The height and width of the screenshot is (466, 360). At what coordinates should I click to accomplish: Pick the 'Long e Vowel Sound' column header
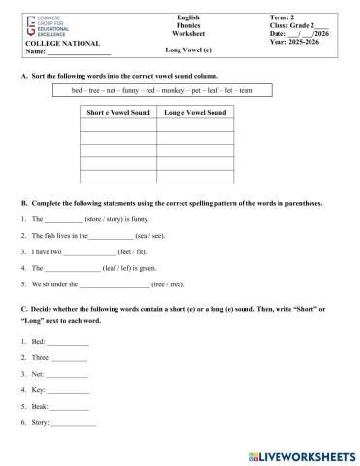click(195, 113)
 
